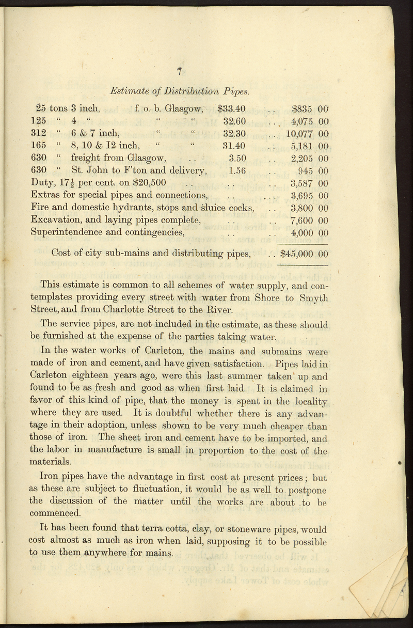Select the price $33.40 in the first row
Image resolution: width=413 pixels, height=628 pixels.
click(231, 109)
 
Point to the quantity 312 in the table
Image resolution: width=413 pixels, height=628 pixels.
click(39, 134)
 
